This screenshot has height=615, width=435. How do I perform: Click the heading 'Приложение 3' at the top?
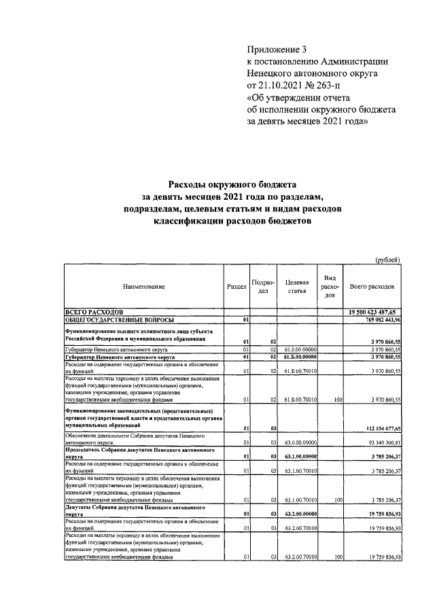click(x=276, y=50)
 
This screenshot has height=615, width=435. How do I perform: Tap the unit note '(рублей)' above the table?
click(x=387, y=259)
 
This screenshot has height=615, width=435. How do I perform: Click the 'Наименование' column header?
click(x=144, y=287)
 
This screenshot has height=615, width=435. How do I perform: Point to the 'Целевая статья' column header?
click(x=297, y=287)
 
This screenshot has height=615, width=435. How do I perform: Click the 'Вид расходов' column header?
click(x=330, y=287)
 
